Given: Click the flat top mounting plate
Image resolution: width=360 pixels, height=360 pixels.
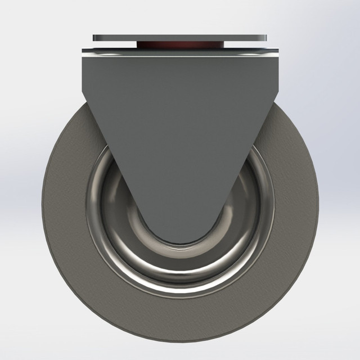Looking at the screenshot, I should click(x=180, y=37).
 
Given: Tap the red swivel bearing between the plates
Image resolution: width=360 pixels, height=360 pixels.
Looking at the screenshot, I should click(x=180, y=45).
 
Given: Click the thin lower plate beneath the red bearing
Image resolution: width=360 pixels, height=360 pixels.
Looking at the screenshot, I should click(x=180, y=52).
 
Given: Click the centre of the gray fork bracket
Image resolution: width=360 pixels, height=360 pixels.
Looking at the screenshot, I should click(x=180, y=124).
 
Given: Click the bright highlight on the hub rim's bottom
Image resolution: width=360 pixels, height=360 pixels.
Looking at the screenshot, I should click(x=180, y=293).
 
